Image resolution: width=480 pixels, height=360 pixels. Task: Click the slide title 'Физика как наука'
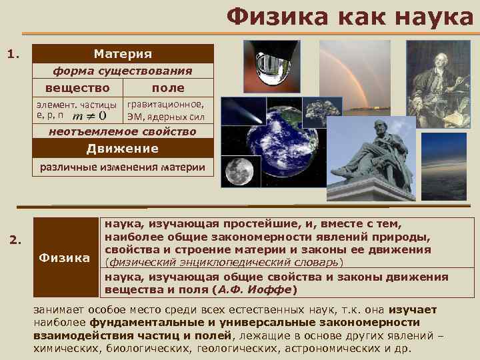(x=349, y=18)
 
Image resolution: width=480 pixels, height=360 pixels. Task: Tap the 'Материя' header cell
(x=123, y=53)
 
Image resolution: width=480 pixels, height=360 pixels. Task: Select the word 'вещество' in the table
(x=77, y=87)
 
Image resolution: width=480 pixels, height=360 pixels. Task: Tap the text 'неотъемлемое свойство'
(x=123, y=132)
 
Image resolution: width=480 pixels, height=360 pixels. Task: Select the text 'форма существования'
(x=123, y=71)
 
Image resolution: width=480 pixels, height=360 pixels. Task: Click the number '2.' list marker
(x=18, y=239)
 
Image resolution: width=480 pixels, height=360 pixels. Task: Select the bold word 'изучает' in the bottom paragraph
(x=412, y=310)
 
